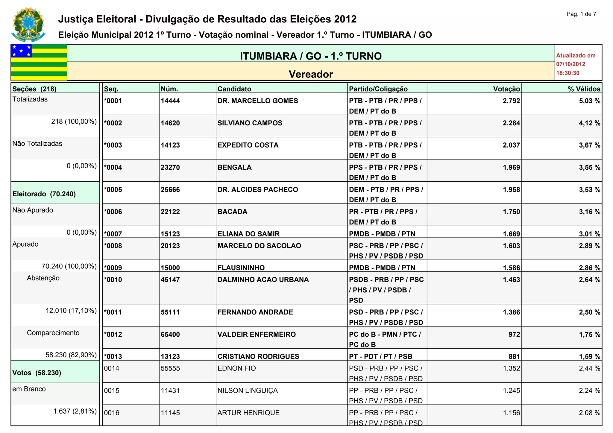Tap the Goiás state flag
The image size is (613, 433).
tap(39, 62)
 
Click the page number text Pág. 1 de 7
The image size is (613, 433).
tap(581, 14)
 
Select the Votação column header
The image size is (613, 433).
tap(506, 89)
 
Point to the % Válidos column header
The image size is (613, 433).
tap(584, 89)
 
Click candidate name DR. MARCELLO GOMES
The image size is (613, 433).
tap(258, 101)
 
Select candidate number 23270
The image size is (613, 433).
tap(170, 167)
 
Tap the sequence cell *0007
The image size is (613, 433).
tap(113, 234)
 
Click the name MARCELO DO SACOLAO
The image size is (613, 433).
tap(259, 246)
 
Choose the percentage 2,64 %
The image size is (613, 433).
tap(589, 279)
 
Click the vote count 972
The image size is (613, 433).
tap(514, 334)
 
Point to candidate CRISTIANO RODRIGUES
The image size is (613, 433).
tap(258, 356)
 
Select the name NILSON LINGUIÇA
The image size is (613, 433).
tap(248, 391)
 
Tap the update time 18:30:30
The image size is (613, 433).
tap(568, 73)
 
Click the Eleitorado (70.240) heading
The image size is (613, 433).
tap(44, 194)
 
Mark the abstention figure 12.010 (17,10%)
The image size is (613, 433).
tap(71, 311)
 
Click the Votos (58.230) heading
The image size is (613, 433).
tap(37, 373)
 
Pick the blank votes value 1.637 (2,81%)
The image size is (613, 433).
tap(75, 411)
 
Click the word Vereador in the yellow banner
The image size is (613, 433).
tap(311, 74)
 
